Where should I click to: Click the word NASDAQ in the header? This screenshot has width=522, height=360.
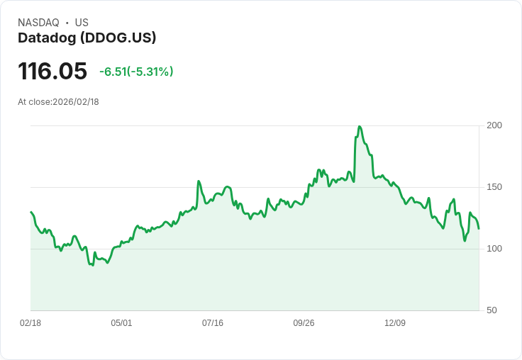(38, 23)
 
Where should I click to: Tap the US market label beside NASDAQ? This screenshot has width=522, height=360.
(82, 23)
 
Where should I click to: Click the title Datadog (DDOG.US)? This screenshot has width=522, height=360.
(87, 38)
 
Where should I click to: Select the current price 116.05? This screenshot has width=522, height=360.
(52, 71)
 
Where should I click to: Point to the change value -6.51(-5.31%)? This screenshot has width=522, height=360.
(136, 72)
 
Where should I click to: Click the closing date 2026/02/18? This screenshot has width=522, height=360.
(76, 102)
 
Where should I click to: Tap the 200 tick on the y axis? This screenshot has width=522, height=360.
(494, 125)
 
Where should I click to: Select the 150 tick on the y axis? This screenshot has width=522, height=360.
(494, 187)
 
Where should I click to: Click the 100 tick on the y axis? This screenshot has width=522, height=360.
(494, 249)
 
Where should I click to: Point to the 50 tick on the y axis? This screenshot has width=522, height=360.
(492, 310)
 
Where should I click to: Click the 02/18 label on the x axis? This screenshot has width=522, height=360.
(30, 323)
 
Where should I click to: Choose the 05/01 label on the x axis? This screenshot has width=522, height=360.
(121, 323)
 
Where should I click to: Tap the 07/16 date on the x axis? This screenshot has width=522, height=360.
(213, 323)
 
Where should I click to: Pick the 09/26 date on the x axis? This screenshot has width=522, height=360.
(304, 323)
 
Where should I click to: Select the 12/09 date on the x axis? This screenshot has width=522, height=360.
(395, 323)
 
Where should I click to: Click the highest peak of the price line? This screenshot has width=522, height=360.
(360, 127)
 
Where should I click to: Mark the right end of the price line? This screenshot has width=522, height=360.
(479, 228)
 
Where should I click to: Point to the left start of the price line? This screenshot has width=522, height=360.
(31, 212)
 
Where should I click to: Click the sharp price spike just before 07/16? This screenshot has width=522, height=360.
(199, 181)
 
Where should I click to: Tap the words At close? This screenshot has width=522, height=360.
(34, 102)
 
